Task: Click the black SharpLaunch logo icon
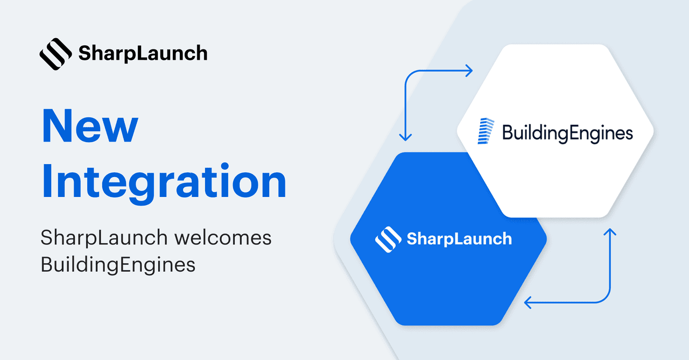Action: [x=55, y=53]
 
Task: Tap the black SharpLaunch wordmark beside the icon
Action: [x=143, y=53]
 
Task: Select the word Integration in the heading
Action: [x=164, y=183]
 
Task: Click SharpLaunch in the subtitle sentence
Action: [x=100, y=238]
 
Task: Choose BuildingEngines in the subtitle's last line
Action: [x=118, y=265]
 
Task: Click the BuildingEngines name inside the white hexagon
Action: [x=567, y=133]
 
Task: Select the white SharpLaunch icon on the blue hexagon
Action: [x=388, y=239]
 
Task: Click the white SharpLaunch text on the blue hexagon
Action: [x=459, y=239]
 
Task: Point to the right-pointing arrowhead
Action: [x=469, y=70]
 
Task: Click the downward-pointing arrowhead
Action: [x=405, y=137]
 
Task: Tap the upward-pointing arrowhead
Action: [x=610, y=232]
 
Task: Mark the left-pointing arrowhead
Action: [x=529, y=302]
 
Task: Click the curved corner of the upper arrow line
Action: [x=409, y=74]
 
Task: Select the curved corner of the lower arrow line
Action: [x=606, y=299]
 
